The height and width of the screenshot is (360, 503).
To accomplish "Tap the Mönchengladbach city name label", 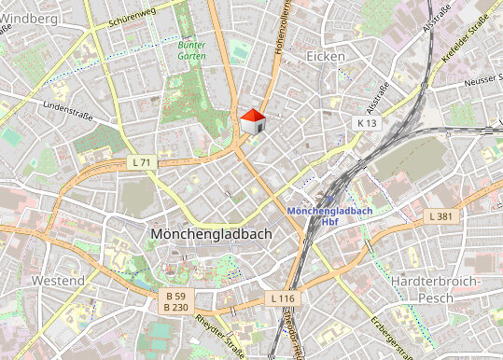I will click(x=210, y=234).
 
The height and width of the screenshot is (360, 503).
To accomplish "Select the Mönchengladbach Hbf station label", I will click(x=329, y=216).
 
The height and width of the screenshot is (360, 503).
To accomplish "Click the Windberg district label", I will click(x=29, y=18).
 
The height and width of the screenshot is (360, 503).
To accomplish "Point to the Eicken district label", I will click(x=326, y=57).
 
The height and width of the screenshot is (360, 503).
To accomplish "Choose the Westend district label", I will click(x=58, y=280).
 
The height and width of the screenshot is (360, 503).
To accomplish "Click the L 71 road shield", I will click(x=142, y=162).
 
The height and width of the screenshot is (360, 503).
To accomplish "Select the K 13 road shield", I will click(x=366, y=122).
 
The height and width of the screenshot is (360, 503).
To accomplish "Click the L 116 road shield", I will click(x=284, y=298).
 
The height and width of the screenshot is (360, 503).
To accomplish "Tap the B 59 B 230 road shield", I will click(x=175, y=301).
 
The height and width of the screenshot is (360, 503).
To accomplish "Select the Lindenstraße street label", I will click(x=66, y=109).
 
